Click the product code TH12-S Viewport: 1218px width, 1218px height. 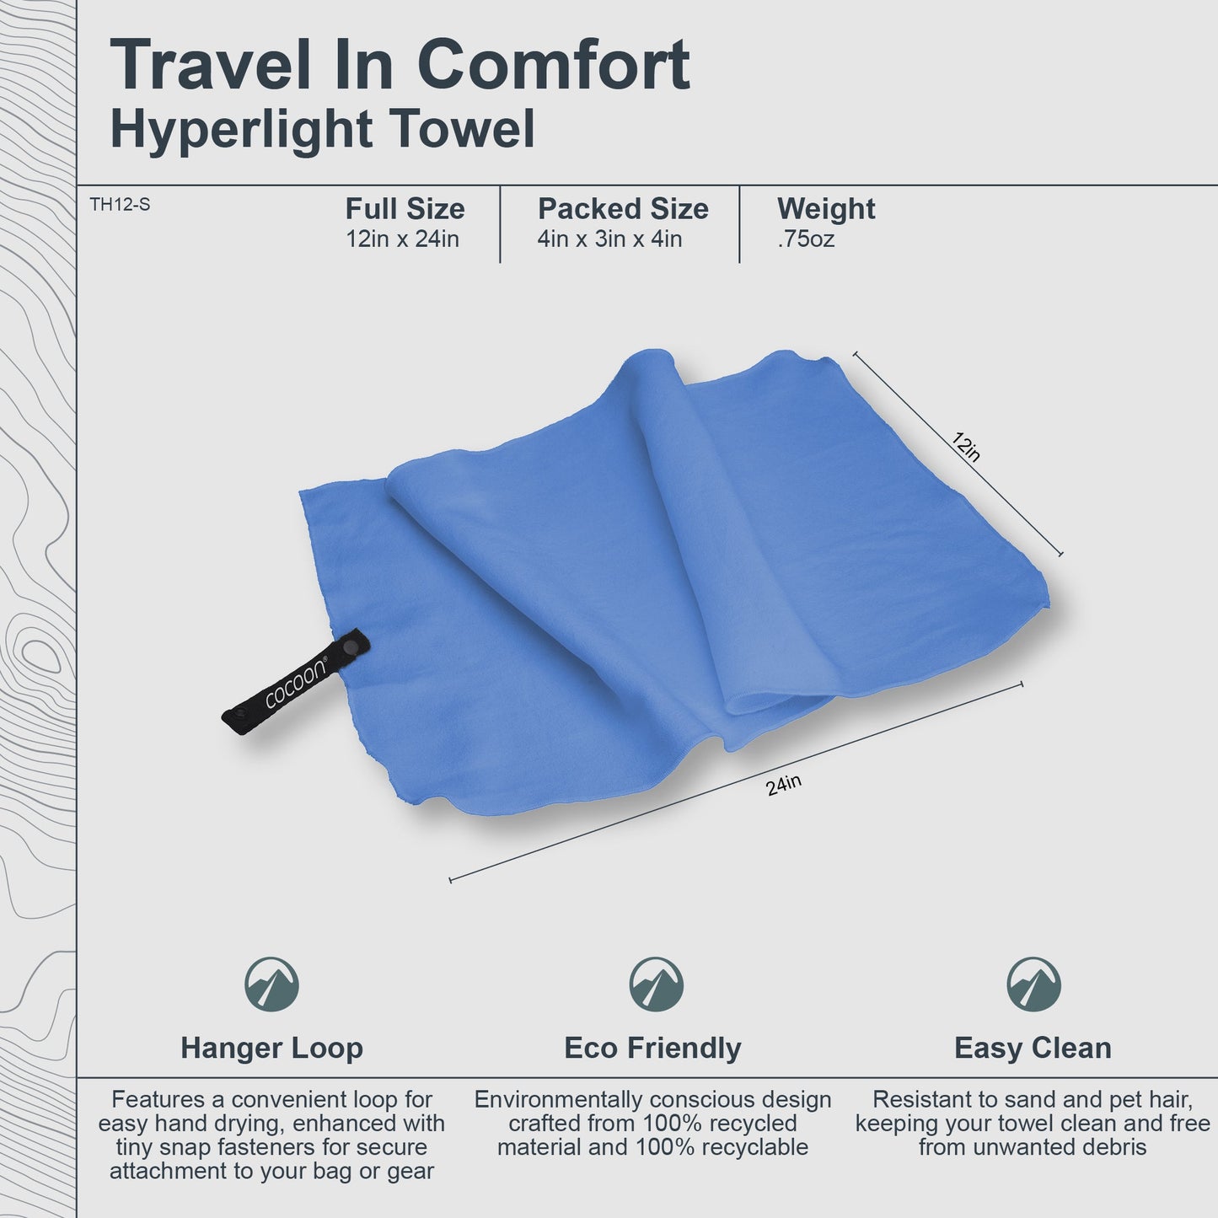[120, 204]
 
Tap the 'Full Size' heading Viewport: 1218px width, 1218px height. [405, 209]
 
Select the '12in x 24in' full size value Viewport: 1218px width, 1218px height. [402, 239]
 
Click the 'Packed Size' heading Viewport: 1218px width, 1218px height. [623, 209]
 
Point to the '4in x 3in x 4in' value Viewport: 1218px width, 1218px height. [609, 239]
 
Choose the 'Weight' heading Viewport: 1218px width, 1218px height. [825, 209]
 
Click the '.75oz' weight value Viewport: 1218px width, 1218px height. [805, 239]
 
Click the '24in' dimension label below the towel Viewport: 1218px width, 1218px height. [783, 786]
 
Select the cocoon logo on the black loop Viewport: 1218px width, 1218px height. [295, 681]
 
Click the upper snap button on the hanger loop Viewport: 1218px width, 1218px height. [348, 647]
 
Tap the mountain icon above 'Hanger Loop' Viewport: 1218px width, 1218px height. [271, 984]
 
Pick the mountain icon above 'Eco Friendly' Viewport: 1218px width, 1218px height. [656, 984]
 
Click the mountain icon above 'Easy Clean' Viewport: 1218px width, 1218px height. [1033, 984]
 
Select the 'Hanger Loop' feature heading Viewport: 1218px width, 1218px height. [271, 1048]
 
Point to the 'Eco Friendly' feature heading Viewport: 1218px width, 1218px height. [652, 1048]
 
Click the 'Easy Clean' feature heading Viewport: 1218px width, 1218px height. [1033, 1048]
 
